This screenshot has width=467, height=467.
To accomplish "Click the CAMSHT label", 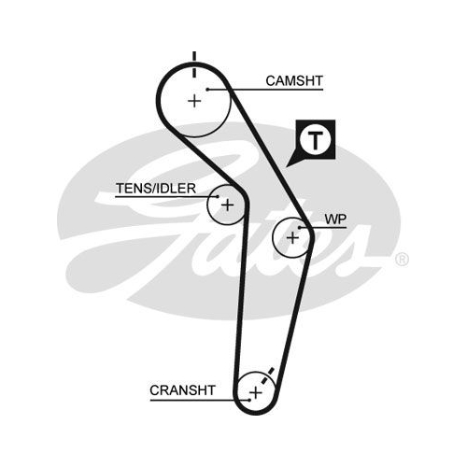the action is coord(294,81).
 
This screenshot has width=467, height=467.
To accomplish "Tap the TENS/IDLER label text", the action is coord(156,189).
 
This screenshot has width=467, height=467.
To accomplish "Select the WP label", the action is coord(335,219).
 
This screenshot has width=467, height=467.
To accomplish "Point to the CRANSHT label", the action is coord(182,390).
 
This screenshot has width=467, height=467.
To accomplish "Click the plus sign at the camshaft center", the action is coord(194,101).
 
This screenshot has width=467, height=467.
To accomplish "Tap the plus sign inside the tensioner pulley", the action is coord(227,205).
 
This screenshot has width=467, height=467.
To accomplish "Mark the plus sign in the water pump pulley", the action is coord(292,238).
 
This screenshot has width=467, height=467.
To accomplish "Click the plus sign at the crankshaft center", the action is coord(256,393).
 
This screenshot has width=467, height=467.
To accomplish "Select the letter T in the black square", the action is coord(316,140).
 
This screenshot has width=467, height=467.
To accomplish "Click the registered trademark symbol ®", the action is coord(402,260).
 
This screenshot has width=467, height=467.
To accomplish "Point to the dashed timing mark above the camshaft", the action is coord(194,64).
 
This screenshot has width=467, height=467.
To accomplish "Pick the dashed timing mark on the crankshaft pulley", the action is coord(267,375).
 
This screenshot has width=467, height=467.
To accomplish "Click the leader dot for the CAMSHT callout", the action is coord(207,90).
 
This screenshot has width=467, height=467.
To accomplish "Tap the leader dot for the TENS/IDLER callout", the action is coord(218,196).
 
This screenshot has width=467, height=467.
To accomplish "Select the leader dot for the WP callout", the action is coord(300,228).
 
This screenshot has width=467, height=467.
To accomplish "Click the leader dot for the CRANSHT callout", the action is coord(249,400).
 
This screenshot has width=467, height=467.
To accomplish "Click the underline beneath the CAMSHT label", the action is coord(265,90).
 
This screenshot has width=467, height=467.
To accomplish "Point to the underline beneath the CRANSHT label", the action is coord(200,400).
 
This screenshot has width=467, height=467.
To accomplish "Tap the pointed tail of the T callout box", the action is coord(287,167).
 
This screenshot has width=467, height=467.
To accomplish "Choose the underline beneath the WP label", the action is coord(323,228).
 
